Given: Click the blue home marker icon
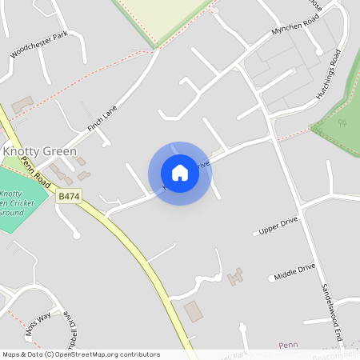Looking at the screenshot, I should (180, 172).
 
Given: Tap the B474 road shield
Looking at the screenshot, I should (70, 195).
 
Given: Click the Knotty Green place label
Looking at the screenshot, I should (40, 151).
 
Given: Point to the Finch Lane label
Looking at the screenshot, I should (102, 120).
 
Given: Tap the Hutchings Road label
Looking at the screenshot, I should (328, 74).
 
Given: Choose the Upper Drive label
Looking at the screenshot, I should (278, 226).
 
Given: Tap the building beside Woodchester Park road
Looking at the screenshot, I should (22, 105).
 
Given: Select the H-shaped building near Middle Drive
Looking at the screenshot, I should (234, 277).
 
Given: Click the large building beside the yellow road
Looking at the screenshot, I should (194, 311).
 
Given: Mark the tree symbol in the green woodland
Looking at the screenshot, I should (342, 122).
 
